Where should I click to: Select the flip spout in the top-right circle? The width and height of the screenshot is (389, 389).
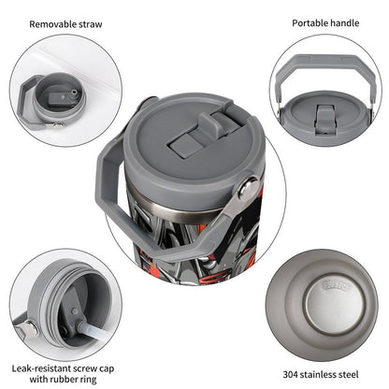pyautogui.click(x=325, y=116)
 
